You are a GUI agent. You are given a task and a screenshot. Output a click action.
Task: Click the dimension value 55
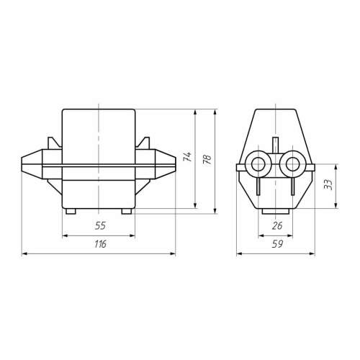tap(100, 225)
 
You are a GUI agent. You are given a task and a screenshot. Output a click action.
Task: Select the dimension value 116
tap(100, 244)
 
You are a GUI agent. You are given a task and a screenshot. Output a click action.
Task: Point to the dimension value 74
tap(187, 156)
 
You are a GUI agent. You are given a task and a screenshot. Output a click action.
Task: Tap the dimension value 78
tap(207, 159)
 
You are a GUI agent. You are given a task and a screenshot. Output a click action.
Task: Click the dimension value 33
tap(328, 184)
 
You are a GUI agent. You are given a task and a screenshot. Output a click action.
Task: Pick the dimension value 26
tap(277, 225)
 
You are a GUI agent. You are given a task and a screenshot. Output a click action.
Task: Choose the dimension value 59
tap(278, 244)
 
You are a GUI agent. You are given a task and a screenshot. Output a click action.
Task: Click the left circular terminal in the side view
tap(258, 164)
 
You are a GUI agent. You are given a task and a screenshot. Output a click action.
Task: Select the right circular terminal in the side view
tap(292, 164)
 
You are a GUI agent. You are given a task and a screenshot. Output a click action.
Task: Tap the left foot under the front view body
tap(71, 211)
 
